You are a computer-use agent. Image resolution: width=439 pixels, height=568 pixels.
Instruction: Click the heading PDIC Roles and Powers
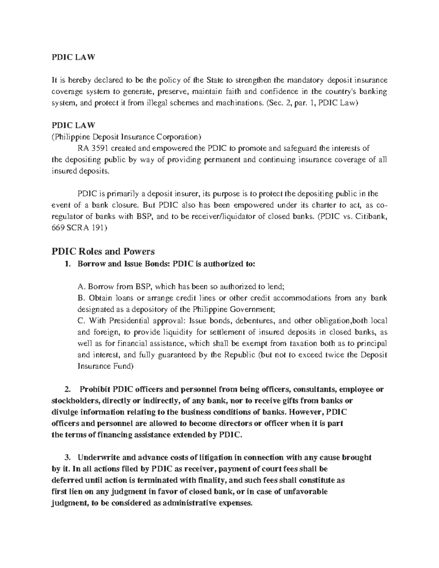(103, 252)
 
